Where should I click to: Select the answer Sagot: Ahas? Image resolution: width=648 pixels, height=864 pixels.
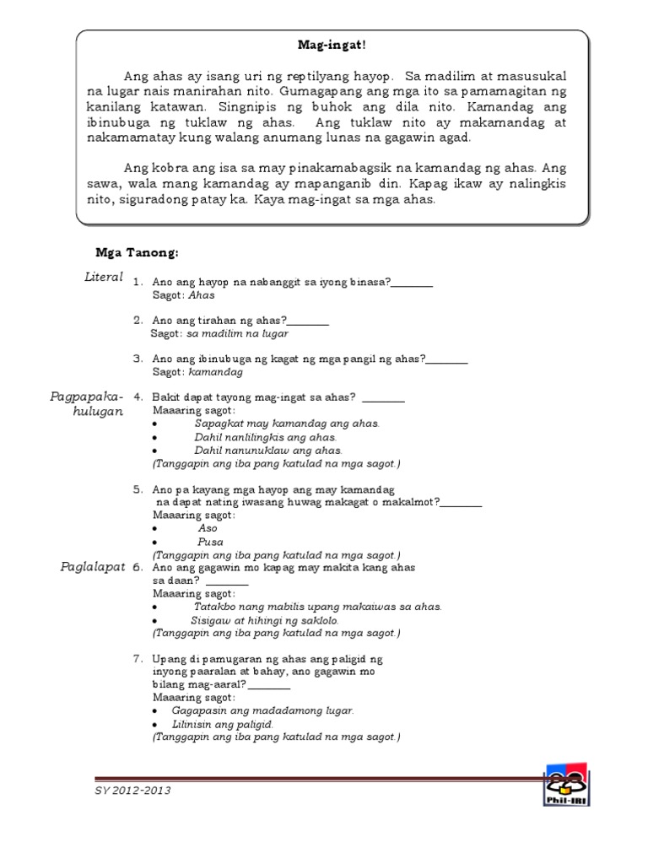pos(184,295)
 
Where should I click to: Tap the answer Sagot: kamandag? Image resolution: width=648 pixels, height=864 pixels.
pos(197,372)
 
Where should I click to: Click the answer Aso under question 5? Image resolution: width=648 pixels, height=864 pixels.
pos(207,528)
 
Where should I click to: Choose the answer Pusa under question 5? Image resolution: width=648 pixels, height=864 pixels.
pos(210,542)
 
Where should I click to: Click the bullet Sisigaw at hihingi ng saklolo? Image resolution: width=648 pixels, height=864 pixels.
pos(265,619)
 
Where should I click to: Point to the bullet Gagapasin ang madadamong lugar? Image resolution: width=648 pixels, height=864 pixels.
pos(262,710)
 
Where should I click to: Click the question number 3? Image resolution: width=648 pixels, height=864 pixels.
pos(138,359)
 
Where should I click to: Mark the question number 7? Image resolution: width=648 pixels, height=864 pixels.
pos(138,658)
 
